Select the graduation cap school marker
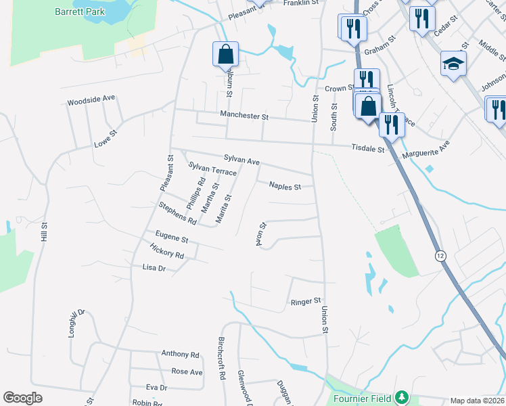453,64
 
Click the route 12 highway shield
440,255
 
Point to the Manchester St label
244,116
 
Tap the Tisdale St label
368,148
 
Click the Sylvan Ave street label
242,162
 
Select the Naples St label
285,185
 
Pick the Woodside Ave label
91,100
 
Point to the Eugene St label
171,237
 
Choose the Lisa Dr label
154,268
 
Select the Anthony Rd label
180,354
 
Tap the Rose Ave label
187,371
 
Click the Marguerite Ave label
425,150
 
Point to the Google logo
23,398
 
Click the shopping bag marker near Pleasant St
225,54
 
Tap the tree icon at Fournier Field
402,395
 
